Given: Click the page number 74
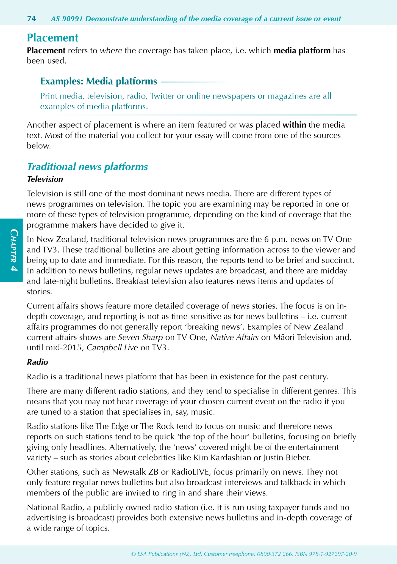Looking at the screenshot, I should [32, 19].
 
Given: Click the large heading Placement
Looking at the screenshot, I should [53, 38].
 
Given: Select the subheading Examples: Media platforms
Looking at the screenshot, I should [99, 81].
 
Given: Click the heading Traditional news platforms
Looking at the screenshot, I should [87, 167].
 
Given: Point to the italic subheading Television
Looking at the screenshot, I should [45, 179].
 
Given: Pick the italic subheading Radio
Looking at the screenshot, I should [37, 362].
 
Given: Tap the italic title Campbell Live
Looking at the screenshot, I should [112, 348].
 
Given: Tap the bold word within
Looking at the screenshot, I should [295, 125].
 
